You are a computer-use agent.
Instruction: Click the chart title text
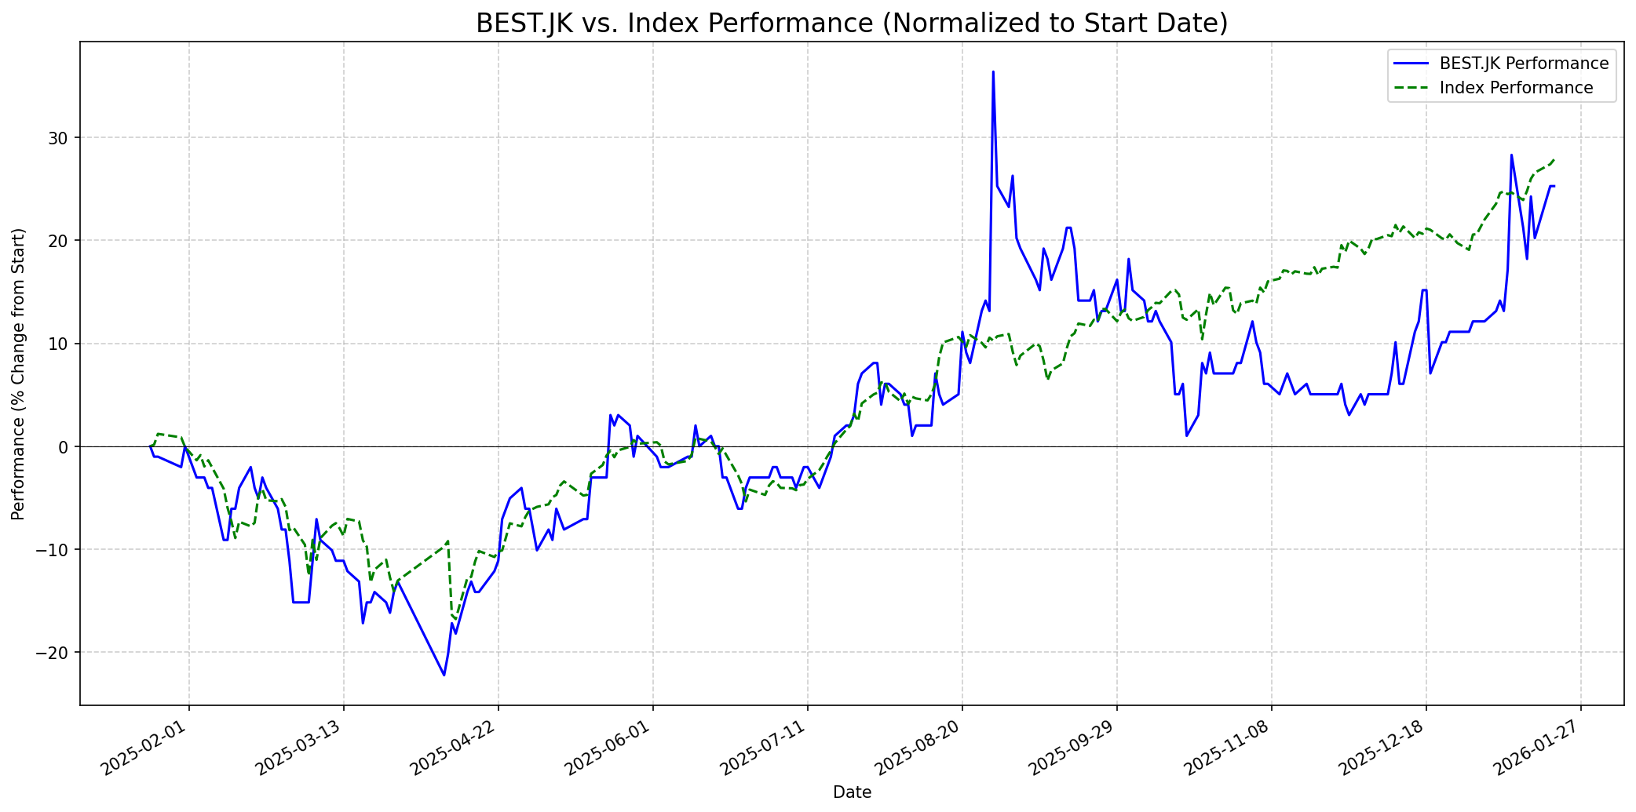(852, 24)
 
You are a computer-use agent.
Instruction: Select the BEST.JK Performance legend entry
(1524, 64)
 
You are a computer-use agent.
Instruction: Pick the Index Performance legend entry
(1516, 88)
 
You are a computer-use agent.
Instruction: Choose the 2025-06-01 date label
(613, 750)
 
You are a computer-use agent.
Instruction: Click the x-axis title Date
(852, 793)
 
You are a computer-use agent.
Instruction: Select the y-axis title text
(19, 373)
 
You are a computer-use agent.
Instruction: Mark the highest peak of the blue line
(993, 71)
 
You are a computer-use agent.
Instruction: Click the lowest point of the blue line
(444, 675)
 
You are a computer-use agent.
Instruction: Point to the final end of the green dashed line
(1554, 159)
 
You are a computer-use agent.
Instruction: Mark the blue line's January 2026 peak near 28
(1511, 155)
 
